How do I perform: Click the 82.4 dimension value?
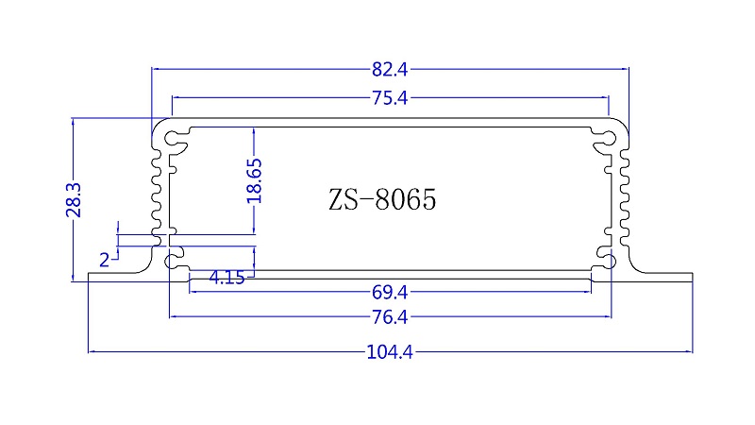(390, 69)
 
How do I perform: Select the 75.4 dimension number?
(390, 97)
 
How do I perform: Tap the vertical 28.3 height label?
(75, 200)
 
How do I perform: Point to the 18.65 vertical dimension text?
(254, 180)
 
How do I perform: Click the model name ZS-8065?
(383, 200)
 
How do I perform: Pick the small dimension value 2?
(104, 258)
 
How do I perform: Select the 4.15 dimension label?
(227, 278)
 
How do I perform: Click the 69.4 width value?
(390, 291)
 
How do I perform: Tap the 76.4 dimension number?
(390, 316)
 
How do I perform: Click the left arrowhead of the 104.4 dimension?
(91, 352)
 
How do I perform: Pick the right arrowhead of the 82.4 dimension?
(625, 69)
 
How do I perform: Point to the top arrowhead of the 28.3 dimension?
(75, 121)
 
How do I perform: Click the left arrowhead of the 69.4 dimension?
(193, 291)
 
